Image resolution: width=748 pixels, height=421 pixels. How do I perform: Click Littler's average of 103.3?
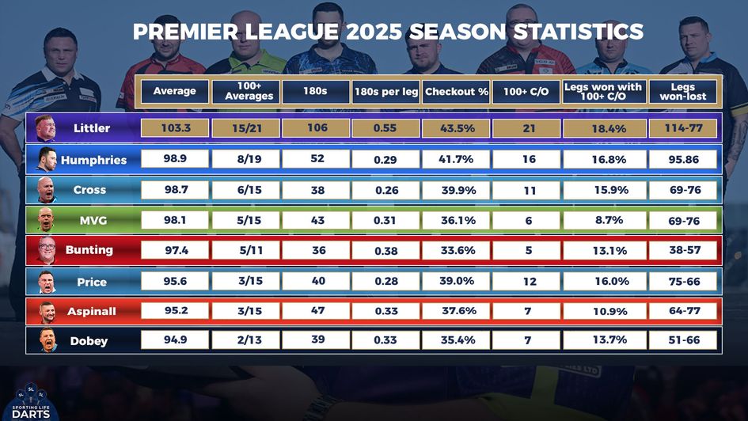pyautogui.click(x=175, y=128)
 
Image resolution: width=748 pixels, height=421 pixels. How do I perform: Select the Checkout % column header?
pyautogui.click(x=456, y=92)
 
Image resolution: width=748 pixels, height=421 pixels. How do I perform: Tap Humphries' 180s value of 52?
pyautogui.click(x=317, y=159)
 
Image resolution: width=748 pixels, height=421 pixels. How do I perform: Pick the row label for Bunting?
pyautogui.click(x=89, y=250)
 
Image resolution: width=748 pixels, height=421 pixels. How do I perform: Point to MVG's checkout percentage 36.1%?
pyautogui.click(x=456, y=221)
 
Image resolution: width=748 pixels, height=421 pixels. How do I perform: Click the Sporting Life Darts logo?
pyautogui.click(x=31, y=400)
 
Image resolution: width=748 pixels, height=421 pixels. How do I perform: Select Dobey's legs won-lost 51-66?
pyautogui.click(x=683, y=341)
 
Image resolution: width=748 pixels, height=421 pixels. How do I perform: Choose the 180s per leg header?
pyautogui.click(x=385, y=92)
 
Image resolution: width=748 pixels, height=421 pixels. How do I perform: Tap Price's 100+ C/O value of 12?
pyautogui.click(x=528, y=282)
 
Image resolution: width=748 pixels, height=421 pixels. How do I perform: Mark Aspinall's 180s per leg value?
pyautogui.click(x=385, y=312)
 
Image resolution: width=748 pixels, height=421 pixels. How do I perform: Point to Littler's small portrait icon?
pyautogui.click(x=45, y=128)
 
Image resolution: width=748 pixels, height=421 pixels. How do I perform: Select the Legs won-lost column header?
pyautogui.click(x=683, y=92)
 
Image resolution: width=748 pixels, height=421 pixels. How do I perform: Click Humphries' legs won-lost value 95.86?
pyautogui.click(x=683, y=159)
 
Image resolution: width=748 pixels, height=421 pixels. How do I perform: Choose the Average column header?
pyautogui.click(x=175, y=92)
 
